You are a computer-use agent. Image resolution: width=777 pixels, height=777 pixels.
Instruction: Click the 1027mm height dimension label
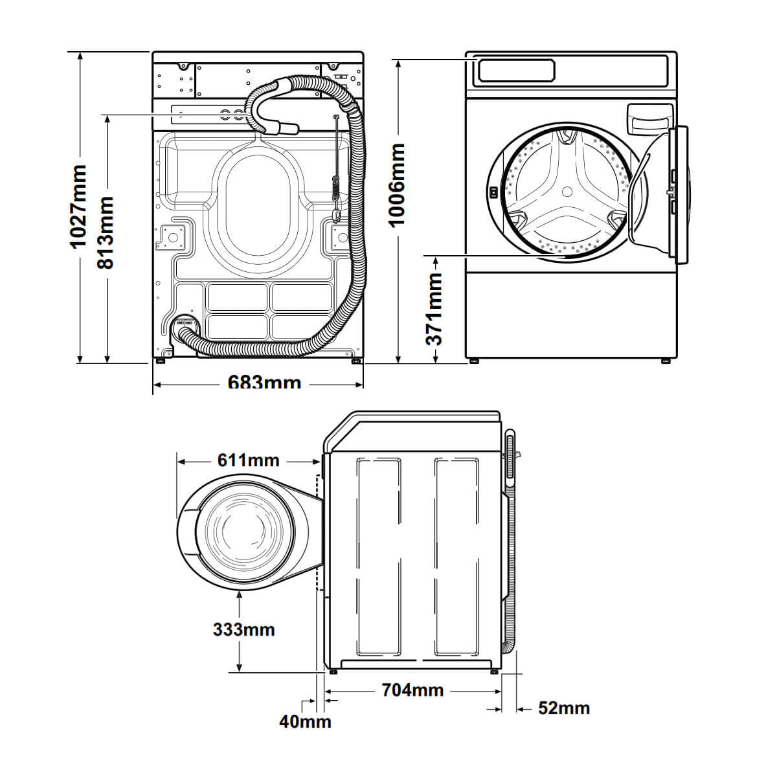point(78,207)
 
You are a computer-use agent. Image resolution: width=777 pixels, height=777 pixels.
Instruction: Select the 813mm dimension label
point(105,232)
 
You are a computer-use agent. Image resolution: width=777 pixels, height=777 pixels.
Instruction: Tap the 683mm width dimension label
point(264,383)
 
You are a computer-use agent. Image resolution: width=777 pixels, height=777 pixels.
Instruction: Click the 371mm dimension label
point(434,308)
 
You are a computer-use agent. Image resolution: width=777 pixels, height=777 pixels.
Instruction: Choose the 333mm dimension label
point(243,629)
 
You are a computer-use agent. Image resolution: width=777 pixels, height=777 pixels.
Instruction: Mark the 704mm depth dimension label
point(412,690)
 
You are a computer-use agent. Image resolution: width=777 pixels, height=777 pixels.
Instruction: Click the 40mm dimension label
point(305,721)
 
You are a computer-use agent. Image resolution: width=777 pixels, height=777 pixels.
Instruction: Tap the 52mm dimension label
point(563,708)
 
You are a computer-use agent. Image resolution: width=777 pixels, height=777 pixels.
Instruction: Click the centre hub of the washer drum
point(567,192)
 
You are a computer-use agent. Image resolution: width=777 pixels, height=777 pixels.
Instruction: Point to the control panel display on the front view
point(516,70)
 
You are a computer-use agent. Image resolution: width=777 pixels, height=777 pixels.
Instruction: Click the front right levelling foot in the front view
point(666,361)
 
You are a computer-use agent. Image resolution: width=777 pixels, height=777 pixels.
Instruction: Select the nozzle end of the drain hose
point(289,128)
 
